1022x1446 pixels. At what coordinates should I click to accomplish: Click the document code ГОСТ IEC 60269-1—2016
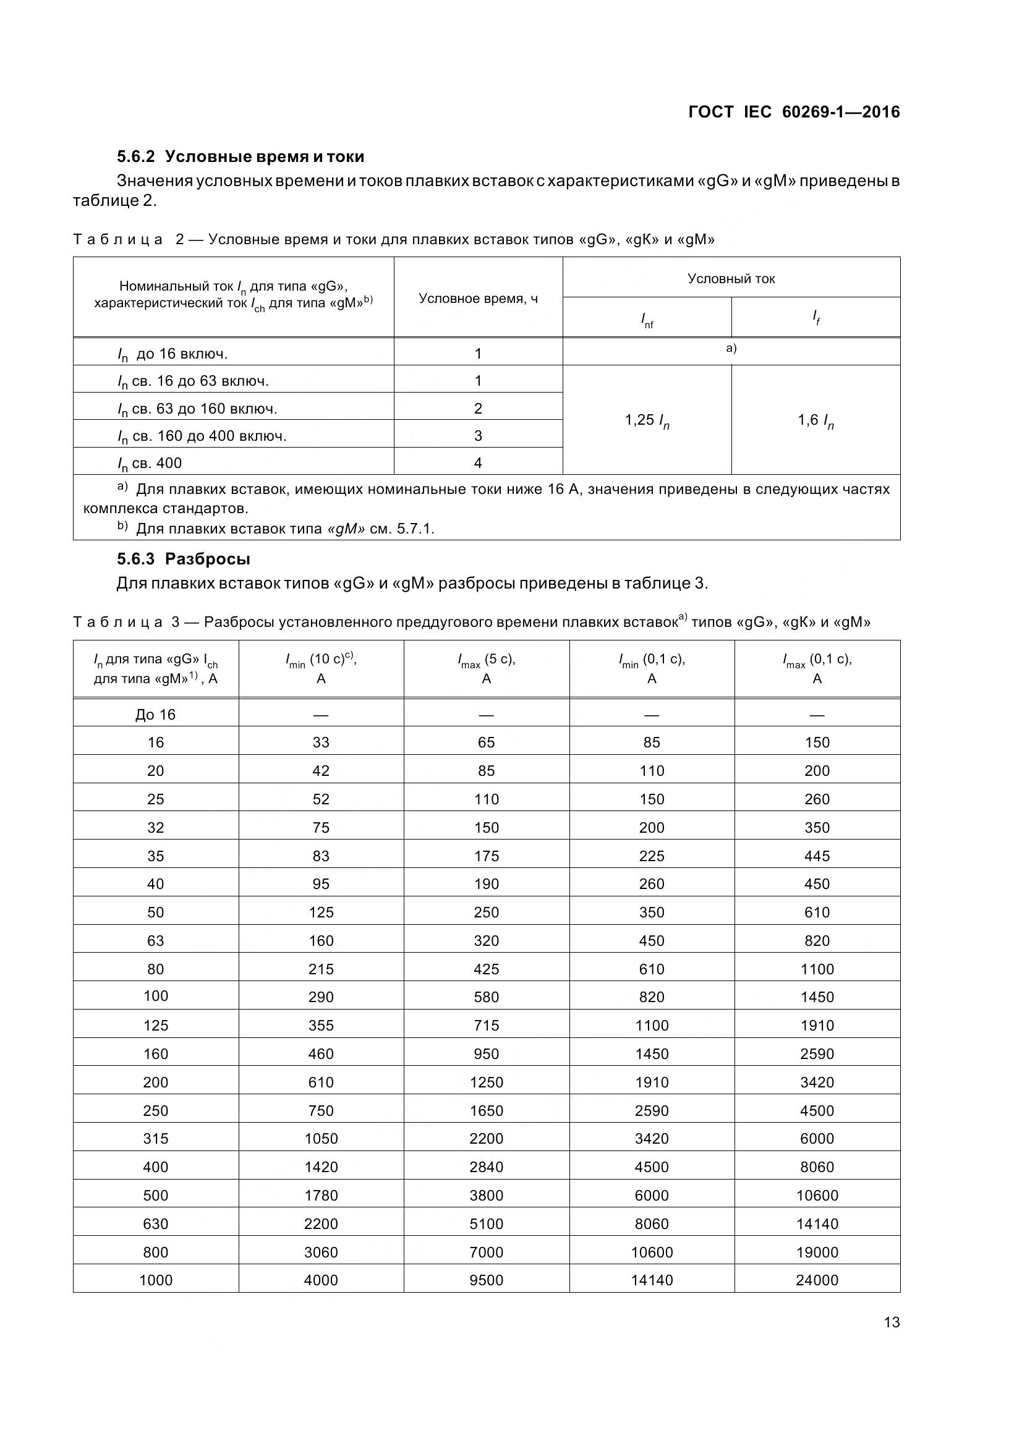[793, 112]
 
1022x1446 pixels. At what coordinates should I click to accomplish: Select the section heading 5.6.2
[241, 156]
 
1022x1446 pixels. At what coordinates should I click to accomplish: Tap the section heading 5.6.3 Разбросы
[183, 559]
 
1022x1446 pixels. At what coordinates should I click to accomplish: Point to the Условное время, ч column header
[478, 299]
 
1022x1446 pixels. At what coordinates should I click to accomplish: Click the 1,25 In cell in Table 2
[647, 420]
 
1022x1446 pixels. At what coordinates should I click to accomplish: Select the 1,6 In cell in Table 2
[815, 420]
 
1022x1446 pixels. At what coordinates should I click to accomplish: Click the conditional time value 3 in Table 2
[478, 435]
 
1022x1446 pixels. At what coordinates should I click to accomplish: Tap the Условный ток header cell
[731, 278]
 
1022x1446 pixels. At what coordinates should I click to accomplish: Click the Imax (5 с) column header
[486, 668]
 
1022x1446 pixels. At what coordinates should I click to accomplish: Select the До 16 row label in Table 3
[156, 714]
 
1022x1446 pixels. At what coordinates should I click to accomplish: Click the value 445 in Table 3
[817, 856]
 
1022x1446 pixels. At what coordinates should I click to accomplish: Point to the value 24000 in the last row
[817, 1280]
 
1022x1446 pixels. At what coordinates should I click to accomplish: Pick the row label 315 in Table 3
[156, 1138]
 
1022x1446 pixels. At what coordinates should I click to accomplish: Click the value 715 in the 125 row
[486, 1025]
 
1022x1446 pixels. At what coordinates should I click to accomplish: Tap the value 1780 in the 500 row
[321, 1196]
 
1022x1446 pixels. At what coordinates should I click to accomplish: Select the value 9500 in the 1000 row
[486, 1280]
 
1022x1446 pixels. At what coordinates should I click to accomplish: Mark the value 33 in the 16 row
[321, 742]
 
